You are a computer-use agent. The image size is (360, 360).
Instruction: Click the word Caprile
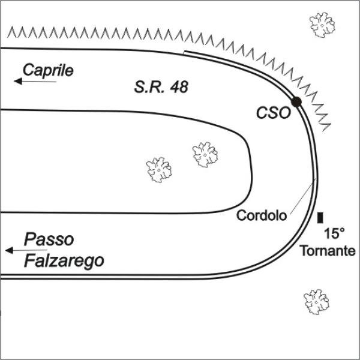tap(48, 70)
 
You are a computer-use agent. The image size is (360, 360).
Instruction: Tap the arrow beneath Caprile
tap(35, 81)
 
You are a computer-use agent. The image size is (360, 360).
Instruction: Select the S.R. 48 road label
tap(161, 87)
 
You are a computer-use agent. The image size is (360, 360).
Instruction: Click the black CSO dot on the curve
tap(296, 102)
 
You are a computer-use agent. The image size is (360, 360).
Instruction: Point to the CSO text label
tap(274, 113)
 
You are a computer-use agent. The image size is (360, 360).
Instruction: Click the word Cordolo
tap(262, 215)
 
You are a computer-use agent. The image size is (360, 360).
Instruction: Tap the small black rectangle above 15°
tap(320, 218)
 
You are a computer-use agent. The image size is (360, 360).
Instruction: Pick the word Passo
tap(49, 239)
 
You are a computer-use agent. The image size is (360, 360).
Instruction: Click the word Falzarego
tap(64, 261)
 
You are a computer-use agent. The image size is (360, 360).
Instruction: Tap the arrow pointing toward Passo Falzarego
tap(26, 250)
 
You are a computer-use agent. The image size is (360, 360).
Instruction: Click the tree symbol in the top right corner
tap(322, 25)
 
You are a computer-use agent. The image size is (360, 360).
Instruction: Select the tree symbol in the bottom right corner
tap(316, 302)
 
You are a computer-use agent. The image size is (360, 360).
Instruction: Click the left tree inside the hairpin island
tap(159, 170)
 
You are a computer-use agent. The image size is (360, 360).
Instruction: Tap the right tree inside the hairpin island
tap(205, 155)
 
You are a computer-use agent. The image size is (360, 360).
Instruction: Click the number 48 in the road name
tap(179, 87)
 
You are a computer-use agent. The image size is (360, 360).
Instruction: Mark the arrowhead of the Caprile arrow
tap(18, 81)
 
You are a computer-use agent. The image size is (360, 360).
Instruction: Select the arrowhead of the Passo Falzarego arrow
tap(9, 250)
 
